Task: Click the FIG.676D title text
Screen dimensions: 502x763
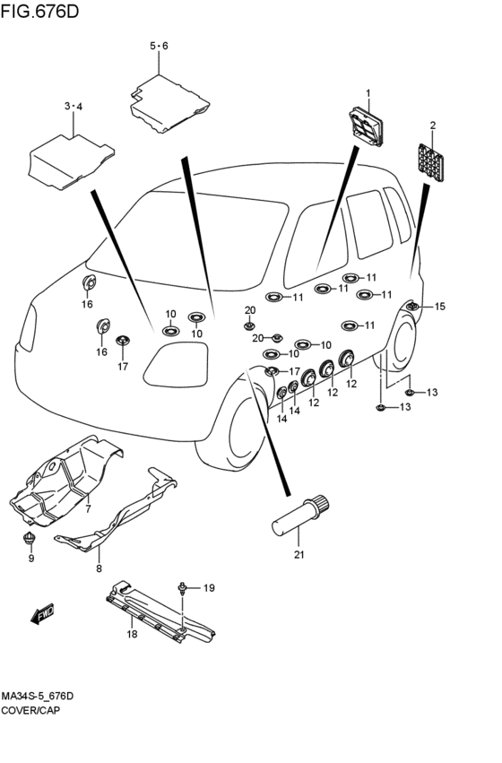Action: (x=39, y=11)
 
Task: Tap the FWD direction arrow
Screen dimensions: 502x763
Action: (x=43, y=613)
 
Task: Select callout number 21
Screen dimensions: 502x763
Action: (x=299, y=554)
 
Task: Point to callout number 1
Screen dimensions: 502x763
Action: (x=368, y=93)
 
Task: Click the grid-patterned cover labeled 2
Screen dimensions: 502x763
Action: (x=431, y=162)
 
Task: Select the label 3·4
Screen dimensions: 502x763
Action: (x=74, y=106)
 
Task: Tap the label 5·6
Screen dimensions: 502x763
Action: (x=159, y=47)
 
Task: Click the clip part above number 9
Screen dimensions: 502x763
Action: (x=30, y=539)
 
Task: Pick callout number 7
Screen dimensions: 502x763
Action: (x=88, y=509)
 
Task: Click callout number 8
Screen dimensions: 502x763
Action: (x=99, y=568)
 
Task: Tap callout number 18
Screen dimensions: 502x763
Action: (x=132, y=634)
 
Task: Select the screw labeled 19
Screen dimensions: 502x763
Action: (x=182, y=589)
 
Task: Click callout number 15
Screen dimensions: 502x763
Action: (x=439, y=307)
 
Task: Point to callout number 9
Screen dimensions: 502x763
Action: (x=31, y=559)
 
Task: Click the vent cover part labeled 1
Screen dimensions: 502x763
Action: (x=367, y=126)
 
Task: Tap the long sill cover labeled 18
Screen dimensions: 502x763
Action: (x=160, y=614)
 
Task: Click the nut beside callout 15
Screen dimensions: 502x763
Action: (x=412, y=307)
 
